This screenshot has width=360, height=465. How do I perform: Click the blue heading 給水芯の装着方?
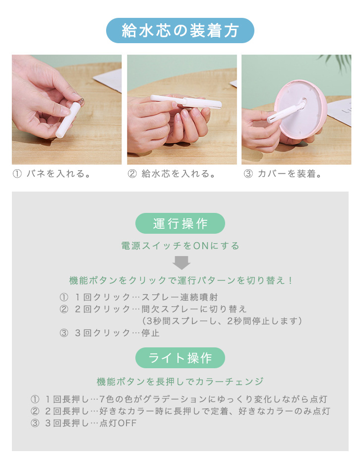[x=180, y=31]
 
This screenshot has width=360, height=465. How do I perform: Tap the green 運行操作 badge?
[x=180, y=223]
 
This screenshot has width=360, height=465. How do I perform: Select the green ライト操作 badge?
[x=180, y=358]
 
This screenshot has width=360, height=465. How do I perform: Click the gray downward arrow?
[x=181, y=263]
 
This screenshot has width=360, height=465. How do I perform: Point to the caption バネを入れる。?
[x=59, y=174]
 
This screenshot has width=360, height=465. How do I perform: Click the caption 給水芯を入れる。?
[x=179, y=174]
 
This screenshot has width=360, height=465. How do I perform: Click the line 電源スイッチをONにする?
[x=180, y=246]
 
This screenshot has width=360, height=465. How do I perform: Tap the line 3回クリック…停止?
[x=117, y=333]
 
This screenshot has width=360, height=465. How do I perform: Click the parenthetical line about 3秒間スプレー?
[x=222, y=321]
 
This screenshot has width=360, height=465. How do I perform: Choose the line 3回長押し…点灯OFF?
[x=91, y=423]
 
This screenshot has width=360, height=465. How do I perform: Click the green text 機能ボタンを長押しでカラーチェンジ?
[x=180, y=381]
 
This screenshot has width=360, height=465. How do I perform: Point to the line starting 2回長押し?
[x=187, y=411]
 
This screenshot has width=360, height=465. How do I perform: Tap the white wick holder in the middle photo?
[x=186, y=101]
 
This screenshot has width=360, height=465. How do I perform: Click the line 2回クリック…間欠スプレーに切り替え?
[x=161, y=309]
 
